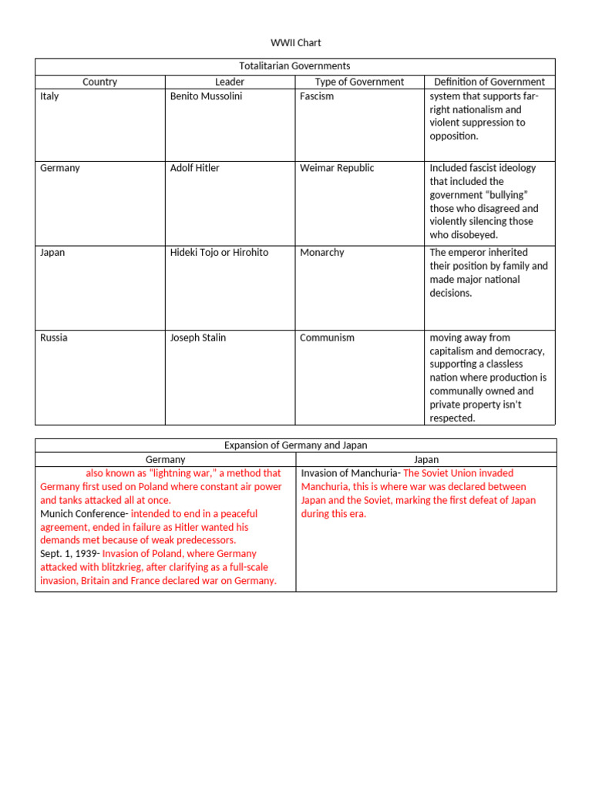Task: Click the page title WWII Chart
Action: (x=295, y=42)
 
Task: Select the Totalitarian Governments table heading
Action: (x=295, y=66)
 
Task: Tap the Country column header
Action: (x=99, y=82)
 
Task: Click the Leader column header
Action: (x=230, y=82)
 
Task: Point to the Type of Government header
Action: (x=359, y=82)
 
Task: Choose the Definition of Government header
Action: (x=489, y=82)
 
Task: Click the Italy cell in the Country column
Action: (x=49, y=96)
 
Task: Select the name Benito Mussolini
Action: (x=206, y=96)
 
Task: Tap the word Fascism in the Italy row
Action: (x=317, y=96)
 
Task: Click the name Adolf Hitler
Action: (x=194, y=168)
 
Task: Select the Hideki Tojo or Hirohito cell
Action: (x=219, y=253)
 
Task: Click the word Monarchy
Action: (x=322, y=253)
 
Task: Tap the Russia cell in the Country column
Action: (x=53, y=337)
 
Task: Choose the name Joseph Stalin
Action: (x=197, y=337)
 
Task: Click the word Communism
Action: (x=327, y=337)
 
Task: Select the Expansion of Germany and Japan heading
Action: (x=295, y=445)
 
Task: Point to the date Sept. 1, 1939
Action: (x=69, y=554)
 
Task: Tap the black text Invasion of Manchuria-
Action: (x=350, y=473)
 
